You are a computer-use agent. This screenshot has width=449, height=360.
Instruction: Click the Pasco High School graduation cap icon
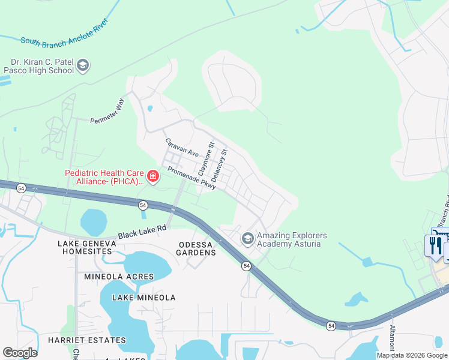click(83, 65)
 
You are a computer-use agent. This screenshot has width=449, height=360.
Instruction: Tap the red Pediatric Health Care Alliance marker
click(153, 176)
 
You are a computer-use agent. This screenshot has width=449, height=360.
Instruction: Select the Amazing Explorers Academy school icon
click(247, 239)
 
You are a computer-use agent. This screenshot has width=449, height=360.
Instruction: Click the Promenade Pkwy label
click(191, 178)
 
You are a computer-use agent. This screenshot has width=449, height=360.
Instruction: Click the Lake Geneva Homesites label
click(85, 247)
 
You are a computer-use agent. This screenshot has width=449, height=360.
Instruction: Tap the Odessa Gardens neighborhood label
click(197, 248)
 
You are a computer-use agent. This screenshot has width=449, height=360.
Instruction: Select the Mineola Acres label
click(119, 277)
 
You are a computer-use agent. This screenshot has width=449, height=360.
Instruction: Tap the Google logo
click(20, 353)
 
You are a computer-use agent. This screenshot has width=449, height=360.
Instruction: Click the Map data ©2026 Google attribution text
click(412, 355)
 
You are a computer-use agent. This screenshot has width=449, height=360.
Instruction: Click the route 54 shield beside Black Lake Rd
click(143, 205)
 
